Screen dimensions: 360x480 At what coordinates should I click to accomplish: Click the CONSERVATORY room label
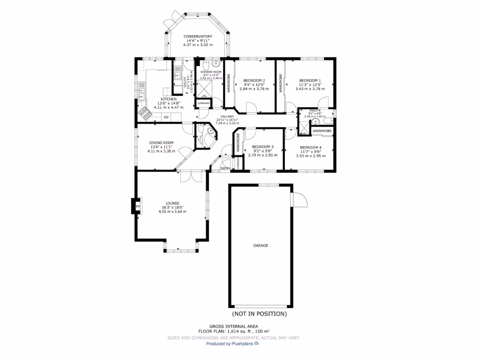click(x=197, y=37)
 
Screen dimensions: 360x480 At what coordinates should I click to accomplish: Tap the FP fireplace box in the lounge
click(x=138, y=206)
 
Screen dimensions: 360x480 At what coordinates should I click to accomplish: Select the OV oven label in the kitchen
click(x=166, y=117)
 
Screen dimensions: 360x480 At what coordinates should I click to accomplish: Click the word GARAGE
click(x=261, y=245)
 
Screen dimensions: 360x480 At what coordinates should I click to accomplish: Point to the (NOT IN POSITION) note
click(x=259, y=314)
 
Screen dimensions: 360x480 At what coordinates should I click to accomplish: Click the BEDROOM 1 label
click(x=310, y=80)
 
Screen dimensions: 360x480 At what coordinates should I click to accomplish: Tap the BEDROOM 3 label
click(x=262, y=147)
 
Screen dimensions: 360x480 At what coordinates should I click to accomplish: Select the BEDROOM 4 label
click(x=310, y=148)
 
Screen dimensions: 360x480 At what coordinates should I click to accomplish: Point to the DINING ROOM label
click(x=161, y=142)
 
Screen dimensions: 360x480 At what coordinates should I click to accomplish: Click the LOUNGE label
click(x=172, y=203)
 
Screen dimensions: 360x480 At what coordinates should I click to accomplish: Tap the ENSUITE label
click(x=315, y=110)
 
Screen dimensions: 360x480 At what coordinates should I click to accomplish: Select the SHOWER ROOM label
click(x=211, y=72)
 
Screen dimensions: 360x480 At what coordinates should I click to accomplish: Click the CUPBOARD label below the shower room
click(x=203, y=103)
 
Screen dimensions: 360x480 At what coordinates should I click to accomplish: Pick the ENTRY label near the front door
click(x=225, y=168)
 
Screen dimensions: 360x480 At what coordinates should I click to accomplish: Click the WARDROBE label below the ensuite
click(x=322, y=131)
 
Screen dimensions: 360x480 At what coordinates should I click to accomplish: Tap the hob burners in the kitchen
click(x=143, y=113)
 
